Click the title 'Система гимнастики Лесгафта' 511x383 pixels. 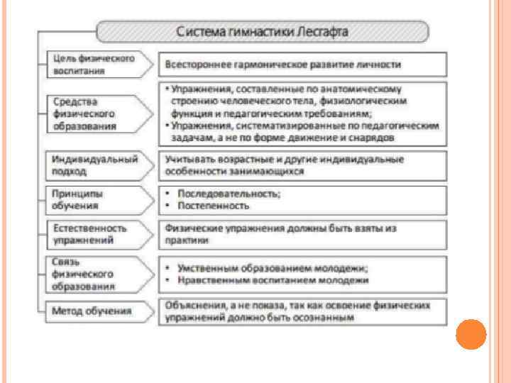(262, 32)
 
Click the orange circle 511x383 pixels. (469, 335)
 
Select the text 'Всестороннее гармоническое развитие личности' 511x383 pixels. (282, 65)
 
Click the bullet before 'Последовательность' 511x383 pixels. (166, 194)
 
